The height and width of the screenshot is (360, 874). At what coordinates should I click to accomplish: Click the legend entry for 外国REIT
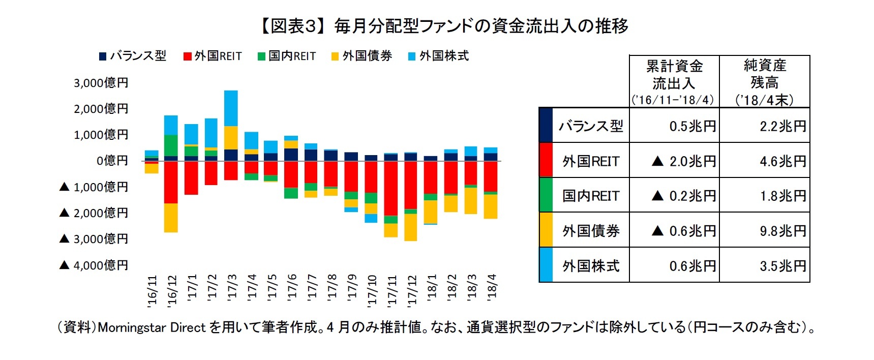coord(213,56)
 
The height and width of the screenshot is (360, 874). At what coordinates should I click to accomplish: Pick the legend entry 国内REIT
coord(287,56)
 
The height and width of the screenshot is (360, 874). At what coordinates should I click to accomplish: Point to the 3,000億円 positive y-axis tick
coord(101,83)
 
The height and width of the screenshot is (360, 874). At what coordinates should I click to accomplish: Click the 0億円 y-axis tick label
coord(112,161)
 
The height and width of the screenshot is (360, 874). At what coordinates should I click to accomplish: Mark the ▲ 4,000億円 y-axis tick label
coord(94,265)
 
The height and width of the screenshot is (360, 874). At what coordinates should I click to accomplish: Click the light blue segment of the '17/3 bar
coord(231,108)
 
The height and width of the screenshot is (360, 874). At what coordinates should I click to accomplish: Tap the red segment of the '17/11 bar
coord(391,188)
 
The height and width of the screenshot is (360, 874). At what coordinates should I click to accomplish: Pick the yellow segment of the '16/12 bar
coord(171,218)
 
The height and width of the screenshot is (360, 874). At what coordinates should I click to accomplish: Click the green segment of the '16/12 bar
coord(171,145)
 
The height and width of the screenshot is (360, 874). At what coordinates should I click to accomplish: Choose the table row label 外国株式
coord(590,265)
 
